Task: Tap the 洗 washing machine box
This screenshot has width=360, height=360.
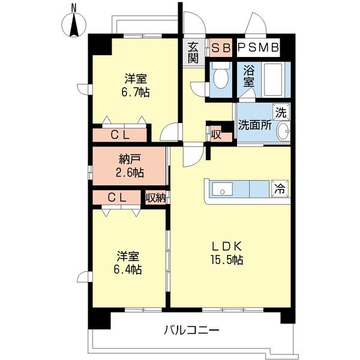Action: pos(280,112)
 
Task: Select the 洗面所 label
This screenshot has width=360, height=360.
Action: pos(255,126)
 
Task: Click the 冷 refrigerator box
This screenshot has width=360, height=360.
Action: pos(280,188)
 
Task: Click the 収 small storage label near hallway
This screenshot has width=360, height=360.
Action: pos(215,134)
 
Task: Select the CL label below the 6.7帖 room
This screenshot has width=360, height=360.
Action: pos(119,135)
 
